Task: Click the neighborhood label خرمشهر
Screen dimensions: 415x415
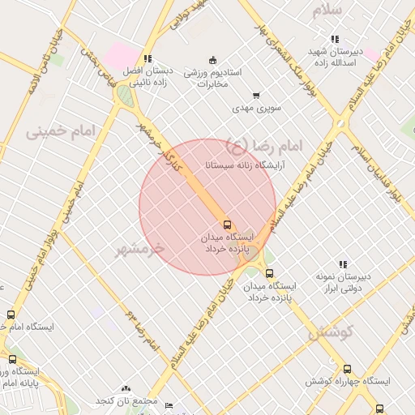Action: tap(139, 247)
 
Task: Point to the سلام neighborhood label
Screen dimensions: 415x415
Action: tap(332, 10)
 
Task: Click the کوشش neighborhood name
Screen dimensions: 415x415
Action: tap(327, 332)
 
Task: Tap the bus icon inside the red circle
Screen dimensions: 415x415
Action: tap(226, 224)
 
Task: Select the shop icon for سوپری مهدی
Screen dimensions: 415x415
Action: tap(256, 96)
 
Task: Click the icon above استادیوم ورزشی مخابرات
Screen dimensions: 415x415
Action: tap(212, 59)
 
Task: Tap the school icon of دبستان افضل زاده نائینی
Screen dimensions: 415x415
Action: tap(147, 58)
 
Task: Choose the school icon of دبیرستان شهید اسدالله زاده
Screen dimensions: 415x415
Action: tap(335, 39)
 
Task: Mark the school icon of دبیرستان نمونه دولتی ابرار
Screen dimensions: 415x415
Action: tap(343, 264)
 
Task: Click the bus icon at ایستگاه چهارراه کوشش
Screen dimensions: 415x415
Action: tap(348, 369)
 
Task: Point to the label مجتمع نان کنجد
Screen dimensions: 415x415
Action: tap(126, 400)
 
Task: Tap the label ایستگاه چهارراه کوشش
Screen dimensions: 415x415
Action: tap(348, 381)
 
